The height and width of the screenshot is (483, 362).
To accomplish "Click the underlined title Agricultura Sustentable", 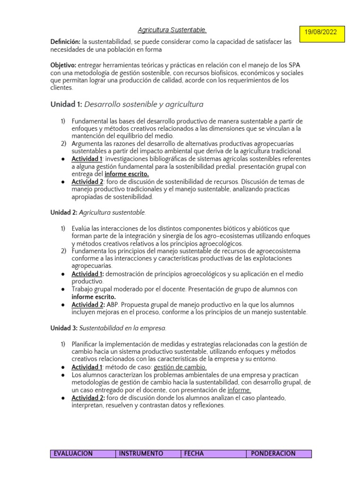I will (172, 30).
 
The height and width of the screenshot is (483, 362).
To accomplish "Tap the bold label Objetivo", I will (63, 65).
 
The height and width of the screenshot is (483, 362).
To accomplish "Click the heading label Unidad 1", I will (66, 104).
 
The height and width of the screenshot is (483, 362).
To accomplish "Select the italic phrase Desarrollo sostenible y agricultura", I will (144, 104).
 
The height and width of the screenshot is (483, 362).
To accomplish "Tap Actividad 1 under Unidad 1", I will (87, 158).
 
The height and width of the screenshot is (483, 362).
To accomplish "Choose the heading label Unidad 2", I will (64, 213).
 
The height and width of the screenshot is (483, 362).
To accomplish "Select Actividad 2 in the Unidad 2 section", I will (88, 304).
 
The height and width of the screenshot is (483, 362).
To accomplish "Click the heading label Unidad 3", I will (64, 328).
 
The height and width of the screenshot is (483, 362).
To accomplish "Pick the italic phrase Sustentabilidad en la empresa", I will (123, 328).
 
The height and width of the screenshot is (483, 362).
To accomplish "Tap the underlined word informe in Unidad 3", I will (239, 390).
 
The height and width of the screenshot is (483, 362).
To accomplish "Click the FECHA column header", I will (194, 454).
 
